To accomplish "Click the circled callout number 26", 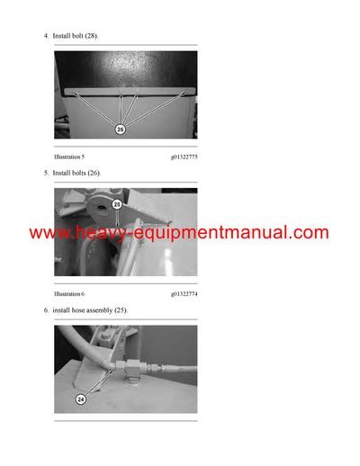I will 120,130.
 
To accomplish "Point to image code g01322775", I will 184,157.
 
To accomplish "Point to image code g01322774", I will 184,293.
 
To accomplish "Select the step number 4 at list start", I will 46,35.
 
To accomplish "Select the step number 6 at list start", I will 46,309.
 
